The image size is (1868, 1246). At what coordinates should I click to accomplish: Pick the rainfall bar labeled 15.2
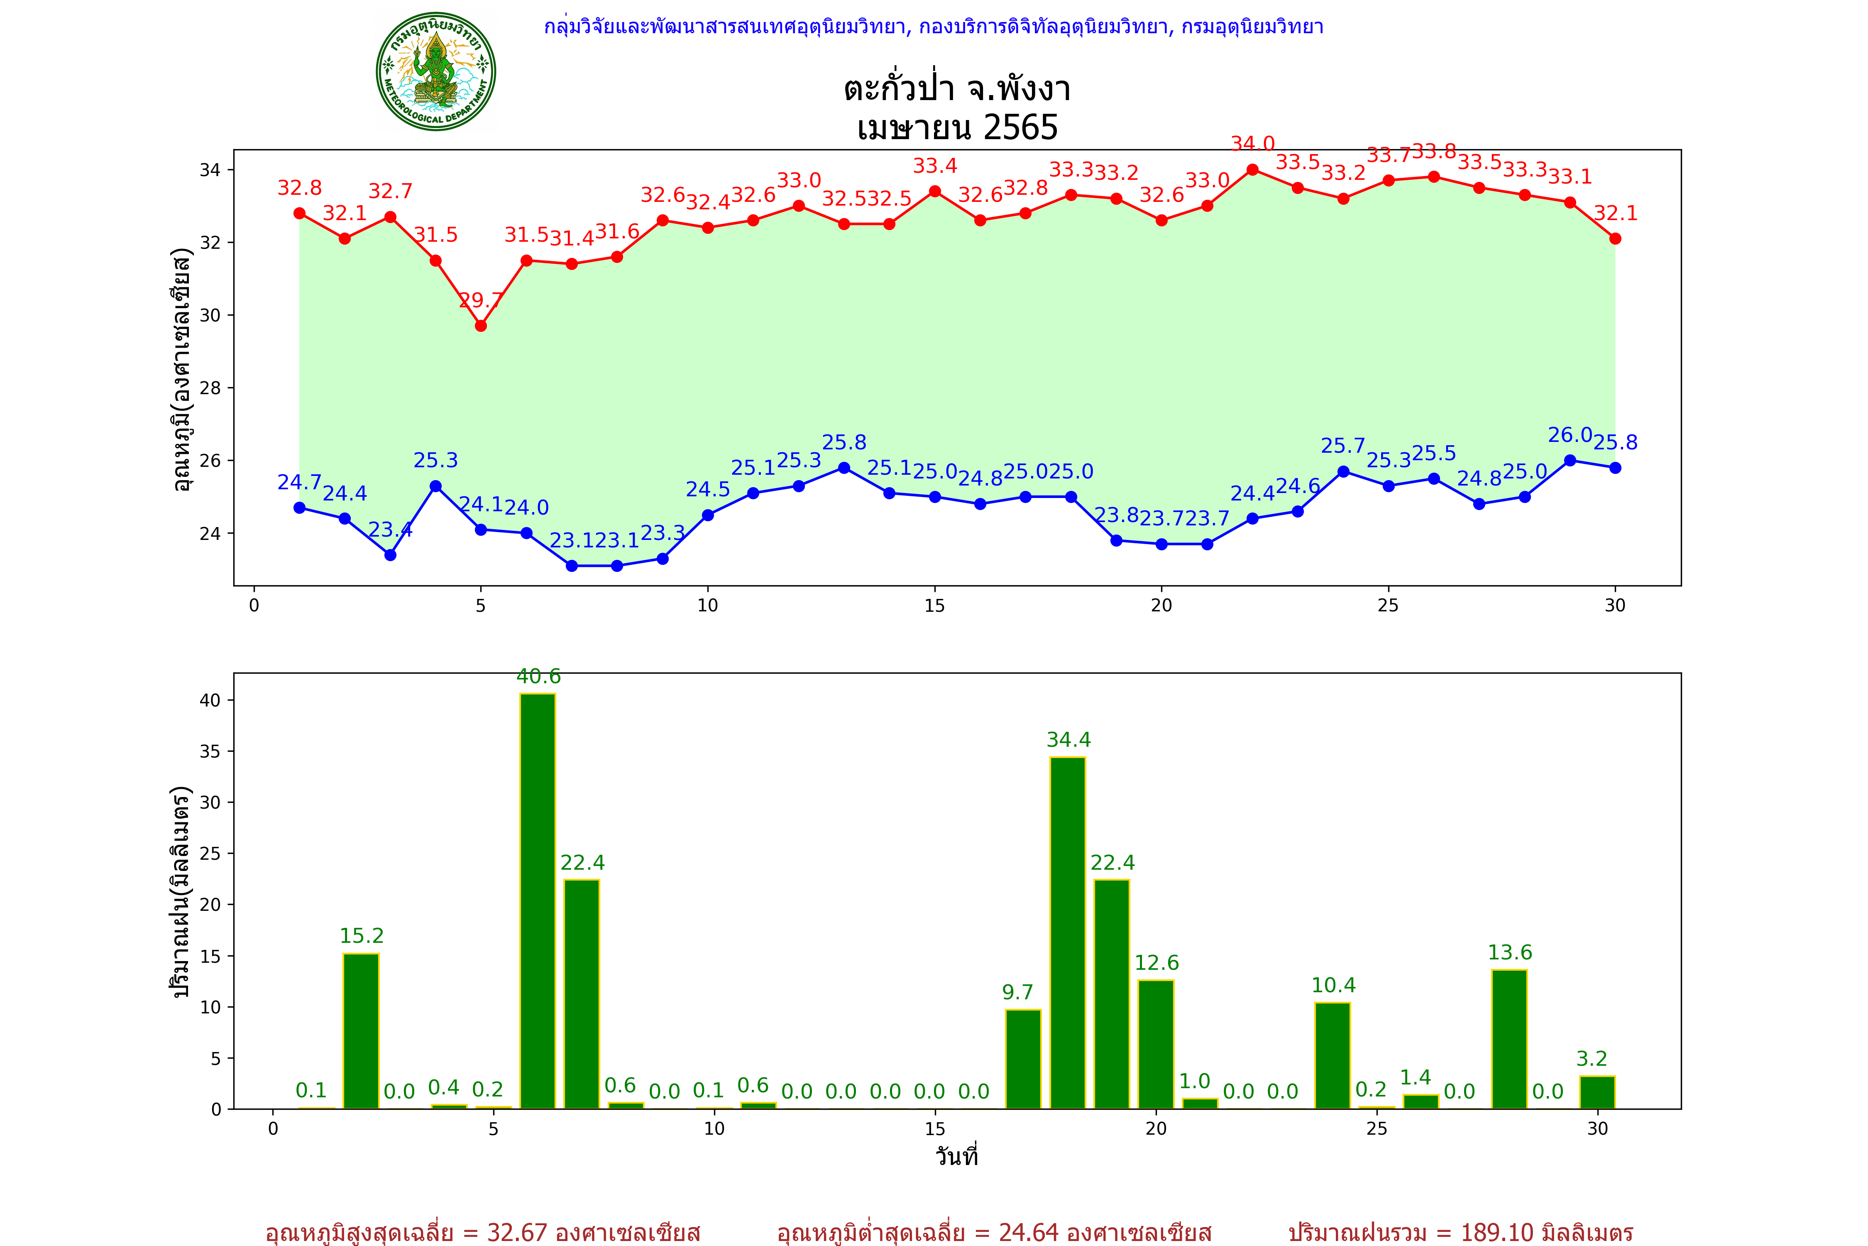click(x=362, y=1031)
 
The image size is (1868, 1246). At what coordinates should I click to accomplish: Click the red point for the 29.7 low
click(x=481, y=326)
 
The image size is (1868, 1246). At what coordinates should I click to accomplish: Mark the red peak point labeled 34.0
click(x=1252, y=169)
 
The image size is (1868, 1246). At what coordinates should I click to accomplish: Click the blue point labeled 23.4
click(x=390, y=554)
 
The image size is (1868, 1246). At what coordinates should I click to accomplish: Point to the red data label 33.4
click(x=935, y=166)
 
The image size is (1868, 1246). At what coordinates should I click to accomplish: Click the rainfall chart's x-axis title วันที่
click(x=956, y=1156)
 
